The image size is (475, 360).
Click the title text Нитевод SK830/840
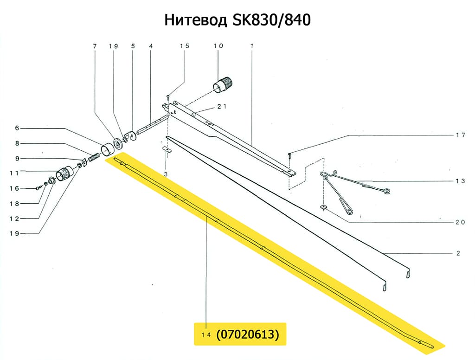click(237, 21)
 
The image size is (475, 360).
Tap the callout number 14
click(206, 335)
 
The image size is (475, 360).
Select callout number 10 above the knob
click(218, 46)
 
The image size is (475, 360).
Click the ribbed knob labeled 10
click(222, 85)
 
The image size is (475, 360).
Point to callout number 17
click(459, 135)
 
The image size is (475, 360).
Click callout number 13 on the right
click(459, 181)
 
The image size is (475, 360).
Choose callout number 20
click(459, 222)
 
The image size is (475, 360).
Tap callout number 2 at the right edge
click(458, 254)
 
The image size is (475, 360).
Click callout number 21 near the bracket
click(222, 107)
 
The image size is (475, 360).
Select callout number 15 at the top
click(185, 46)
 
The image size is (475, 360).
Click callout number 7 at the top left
click(95, 46)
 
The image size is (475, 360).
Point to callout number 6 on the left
click(17, 128)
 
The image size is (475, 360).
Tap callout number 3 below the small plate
click(165, 174)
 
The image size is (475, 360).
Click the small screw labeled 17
click(289, 156)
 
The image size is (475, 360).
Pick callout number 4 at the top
click(151, 46)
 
